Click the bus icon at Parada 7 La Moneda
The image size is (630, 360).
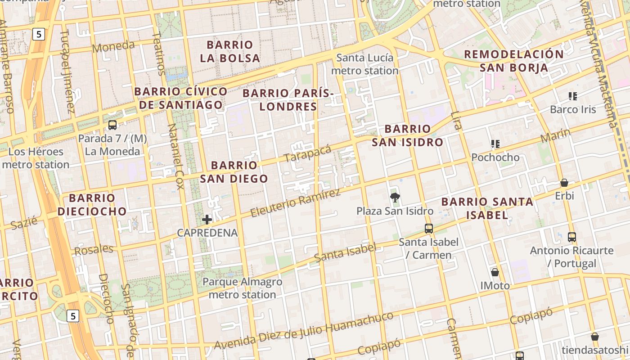[x=112, y=125]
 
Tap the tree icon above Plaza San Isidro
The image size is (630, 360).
[x=395, y=197]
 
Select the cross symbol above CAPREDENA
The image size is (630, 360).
[x=207, y=220]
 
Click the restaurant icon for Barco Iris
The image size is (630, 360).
[x=573, y=96]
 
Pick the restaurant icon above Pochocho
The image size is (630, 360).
[x=495, y=144]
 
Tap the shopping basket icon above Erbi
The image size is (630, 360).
[x=564, y=183]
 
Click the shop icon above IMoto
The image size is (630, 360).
[x=495, y=272]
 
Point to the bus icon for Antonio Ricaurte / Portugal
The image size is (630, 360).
[x=572, y=237]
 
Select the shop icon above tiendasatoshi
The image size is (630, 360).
[x=595, y=337]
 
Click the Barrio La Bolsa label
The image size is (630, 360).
[x=230, y=51]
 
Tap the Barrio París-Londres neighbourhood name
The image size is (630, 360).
[x=288, y=100]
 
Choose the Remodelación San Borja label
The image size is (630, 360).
[x=513, y=61]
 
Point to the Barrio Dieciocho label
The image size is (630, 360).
[x=92, y=204]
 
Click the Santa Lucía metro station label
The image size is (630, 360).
[x=365, y=64]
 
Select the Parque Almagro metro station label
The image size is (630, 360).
[x=243, y=288]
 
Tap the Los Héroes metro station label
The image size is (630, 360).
[x=36, y=158]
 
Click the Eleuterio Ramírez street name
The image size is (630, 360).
[x=295, y=203]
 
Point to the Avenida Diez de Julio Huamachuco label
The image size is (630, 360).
[x=304, y=330]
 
